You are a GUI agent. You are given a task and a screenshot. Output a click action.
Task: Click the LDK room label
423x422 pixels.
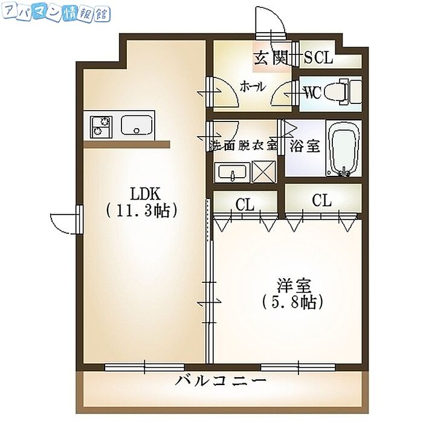coord(144,194)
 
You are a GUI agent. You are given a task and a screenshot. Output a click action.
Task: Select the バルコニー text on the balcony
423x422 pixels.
coord(221,381)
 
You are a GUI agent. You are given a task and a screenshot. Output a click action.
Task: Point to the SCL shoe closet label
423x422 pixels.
coord(318,58)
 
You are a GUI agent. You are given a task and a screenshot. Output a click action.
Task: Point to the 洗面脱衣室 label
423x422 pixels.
coord(243,146)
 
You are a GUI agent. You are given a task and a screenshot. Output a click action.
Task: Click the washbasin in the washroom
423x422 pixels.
coord(231,172)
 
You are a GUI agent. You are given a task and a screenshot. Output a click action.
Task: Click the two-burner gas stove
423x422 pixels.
coord(101,126)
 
